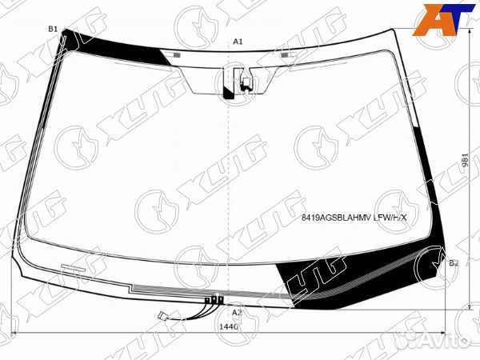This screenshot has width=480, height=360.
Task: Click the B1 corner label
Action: [x=53, y=29]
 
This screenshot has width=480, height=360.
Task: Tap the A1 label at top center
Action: [x=238, y=42]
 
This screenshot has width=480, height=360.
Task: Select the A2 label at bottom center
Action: [x=237, y=313]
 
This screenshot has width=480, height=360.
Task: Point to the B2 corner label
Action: [x=454, y=263]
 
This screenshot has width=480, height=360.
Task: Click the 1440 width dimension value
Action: [x=228, y=327]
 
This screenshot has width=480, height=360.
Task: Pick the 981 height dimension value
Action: [x=465, y=160]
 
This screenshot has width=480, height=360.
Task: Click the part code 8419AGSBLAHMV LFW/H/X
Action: [x=354, y=218]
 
